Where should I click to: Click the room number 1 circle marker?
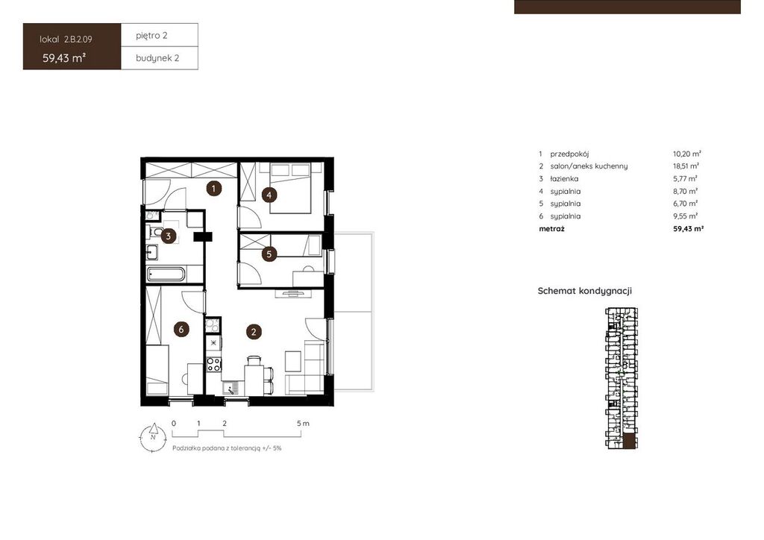click(213, 188)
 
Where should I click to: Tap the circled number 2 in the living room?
click(254, 332)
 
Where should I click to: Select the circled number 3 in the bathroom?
click(168, 236)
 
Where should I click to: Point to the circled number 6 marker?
click(181, 329)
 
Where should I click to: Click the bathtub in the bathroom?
click(166, 274)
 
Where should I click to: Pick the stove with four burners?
click(213, 364)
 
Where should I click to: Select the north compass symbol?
click(153, 437)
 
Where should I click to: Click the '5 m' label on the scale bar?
click(303, 423)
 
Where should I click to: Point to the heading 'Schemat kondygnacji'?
click(585, 291)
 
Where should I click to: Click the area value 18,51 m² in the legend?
click(686, 166)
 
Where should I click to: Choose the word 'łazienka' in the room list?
click(564, 179)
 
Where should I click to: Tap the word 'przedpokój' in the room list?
click(569, 154)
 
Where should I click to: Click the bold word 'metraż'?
click(551, 228)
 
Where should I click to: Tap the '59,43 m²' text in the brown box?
click(64, 58)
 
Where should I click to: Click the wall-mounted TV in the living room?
click(292, 293)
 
